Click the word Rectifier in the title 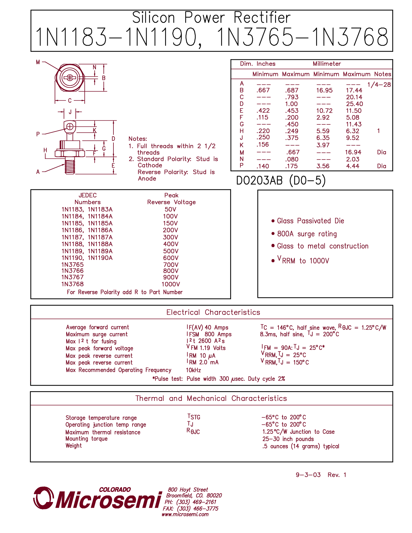[x=262, y=17]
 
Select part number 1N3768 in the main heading [x=351, y=37]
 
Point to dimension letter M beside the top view [x=38, y=62]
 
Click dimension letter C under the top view [x=70, y=100]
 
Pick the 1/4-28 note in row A [x=379, y=85]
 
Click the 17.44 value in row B [x=354, y=90]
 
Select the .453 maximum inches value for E [x=291, y=111]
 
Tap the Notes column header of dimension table [x=383, y=74]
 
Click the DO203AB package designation [x=259, y=181]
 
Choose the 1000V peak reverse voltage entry [x=171, y=284]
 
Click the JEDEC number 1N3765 [x=72, y=265]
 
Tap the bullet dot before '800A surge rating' [x=273, y=234]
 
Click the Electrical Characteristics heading [x=213, y=312]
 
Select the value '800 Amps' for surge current [x=218, y=334]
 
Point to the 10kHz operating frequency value [x=193, y=370]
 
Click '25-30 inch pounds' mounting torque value [x=288, y=439]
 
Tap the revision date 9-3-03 [x=308, y=475]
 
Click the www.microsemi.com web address [x=185, y=514]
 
